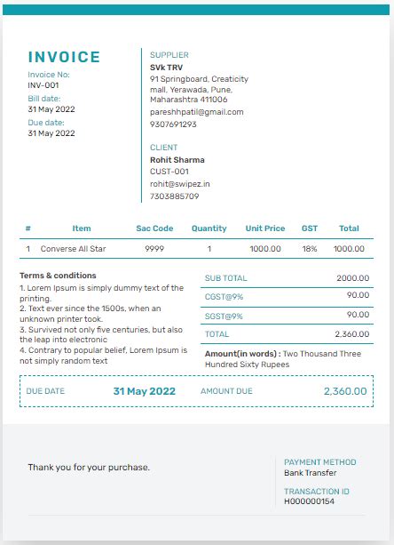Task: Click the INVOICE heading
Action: coord(64,58)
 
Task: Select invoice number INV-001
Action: coord(43,85)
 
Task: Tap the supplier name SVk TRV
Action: coord(168,67)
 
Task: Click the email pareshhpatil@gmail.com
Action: coord(196,112)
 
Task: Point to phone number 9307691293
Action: coord(173,124)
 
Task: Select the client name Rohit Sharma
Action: coord(177,160)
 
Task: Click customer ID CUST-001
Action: coord(169,172)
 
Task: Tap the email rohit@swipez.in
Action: coord(180,184)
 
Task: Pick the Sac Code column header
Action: coord(154,228)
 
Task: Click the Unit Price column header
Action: coord(265,228)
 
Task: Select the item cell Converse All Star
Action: coord(74,249)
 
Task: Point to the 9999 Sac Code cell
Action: coord(154,249)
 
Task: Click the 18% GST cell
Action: coord(310,249)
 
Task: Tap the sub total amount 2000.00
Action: coord(352,278)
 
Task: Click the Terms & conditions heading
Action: coord(58,276)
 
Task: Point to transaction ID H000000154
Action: coord(310,501)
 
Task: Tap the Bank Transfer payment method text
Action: coord(311,473)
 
